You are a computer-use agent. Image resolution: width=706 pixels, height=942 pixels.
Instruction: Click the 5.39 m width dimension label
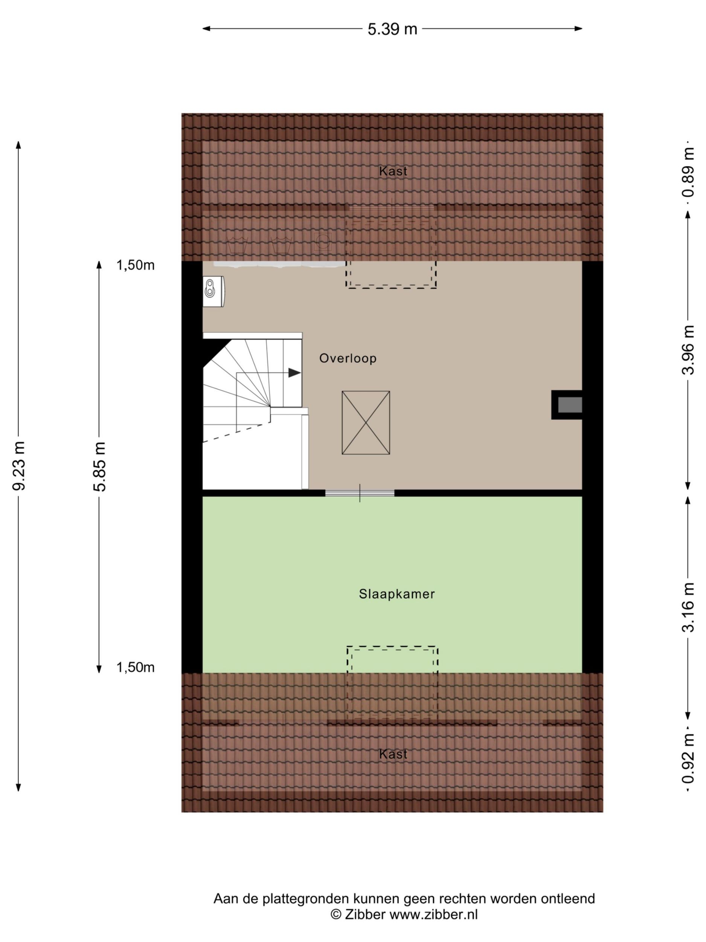[x=392, y=29]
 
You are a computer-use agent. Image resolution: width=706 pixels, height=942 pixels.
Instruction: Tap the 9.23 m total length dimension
[x=19, y=465]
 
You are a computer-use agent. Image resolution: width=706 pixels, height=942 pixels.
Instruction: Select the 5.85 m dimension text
[x=99, y=467]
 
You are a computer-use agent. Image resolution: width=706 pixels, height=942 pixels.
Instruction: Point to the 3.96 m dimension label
[x=688, y=350]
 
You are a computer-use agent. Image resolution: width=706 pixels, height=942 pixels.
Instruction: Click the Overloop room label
[x=348, y=358]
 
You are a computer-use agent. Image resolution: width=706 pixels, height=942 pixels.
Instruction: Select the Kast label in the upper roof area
[x=393, y=171]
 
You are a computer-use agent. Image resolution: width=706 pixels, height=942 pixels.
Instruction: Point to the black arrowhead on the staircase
[x=294, y=373]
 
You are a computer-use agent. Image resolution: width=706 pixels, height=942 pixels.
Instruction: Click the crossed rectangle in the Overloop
[x=366, y=422]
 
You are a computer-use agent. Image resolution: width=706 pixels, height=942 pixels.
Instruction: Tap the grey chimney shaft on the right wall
[x=569, y=405]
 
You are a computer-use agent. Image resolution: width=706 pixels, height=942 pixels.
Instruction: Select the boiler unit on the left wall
[x=213, y=291]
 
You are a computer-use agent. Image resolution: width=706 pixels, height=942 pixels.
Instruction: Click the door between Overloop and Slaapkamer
[x=360, y=493]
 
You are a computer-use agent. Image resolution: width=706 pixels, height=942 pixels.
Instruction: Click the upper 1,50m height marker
[x=135, y=265]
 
